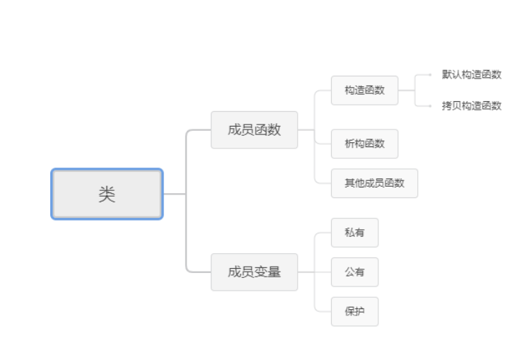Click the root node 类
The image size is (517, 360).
tap(107, 194)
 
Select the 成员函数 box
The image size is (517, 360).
tap(254, 129)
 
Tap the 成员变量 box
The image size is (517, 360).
tap(254, 272)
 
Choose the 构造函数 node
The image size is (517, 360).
tap(364, 90)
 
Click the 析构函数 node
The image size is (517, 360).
tap(364, 144)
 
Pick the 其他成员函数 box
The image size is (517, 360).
tap(374, 183)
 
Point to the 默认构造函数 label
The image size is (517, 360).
tap(472, 75)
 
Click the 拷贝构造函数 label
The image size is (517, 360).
tap(472, 105)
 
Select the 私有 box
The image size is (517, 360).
tap(354, 233)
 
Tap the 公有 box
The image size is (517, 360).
tap(354, 272)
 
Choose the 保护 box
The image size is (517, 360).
tap(354, 311)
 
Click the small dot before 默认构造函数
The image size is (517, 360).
tap(431, 74)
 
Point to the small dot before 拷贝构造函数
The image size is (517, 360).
tap(431, 105)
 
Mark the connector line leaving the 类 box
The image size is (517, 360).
tap(174, 194)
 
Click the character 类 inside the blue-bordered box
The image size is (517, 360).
tap(107, 194)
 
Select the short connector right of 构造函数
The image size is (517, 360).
tap(406, 90)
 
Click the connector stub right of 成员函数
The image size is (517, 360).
tap(306, 129)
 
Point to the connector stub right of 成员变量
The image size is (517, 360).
tap(306, 272)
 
